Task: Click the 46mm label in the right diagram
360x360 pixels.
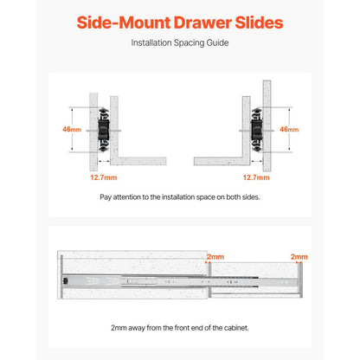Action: (x=288, y=130)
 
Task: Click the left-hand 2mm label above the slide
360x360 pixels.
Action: (x=215, y=258)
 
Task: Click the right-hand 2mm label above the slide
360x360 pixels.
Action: (x=299, y=258)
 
